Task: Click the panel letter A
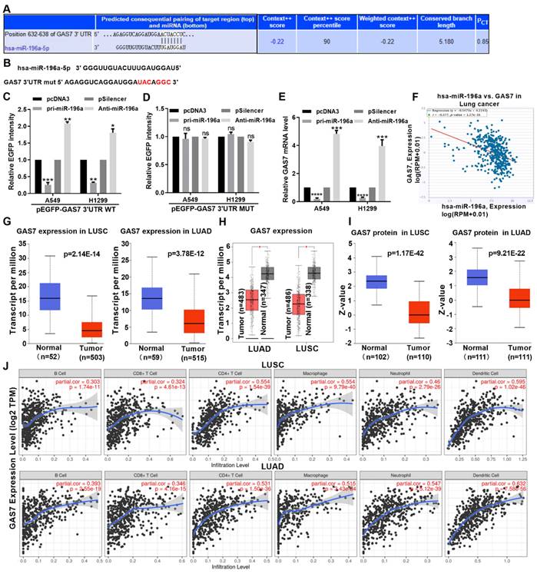coord(7,8)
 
